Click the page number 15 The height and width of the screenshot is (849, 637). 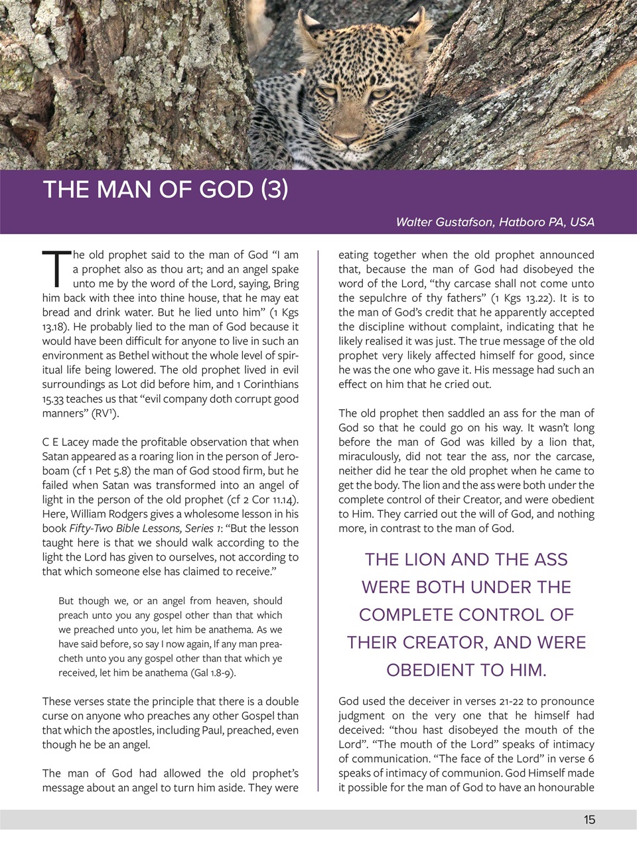[589, 820]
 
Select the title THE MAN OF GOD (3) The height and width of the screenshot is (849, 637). [165, 190]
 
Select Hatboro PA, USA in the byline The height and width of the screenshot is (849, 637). [546, 222]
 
